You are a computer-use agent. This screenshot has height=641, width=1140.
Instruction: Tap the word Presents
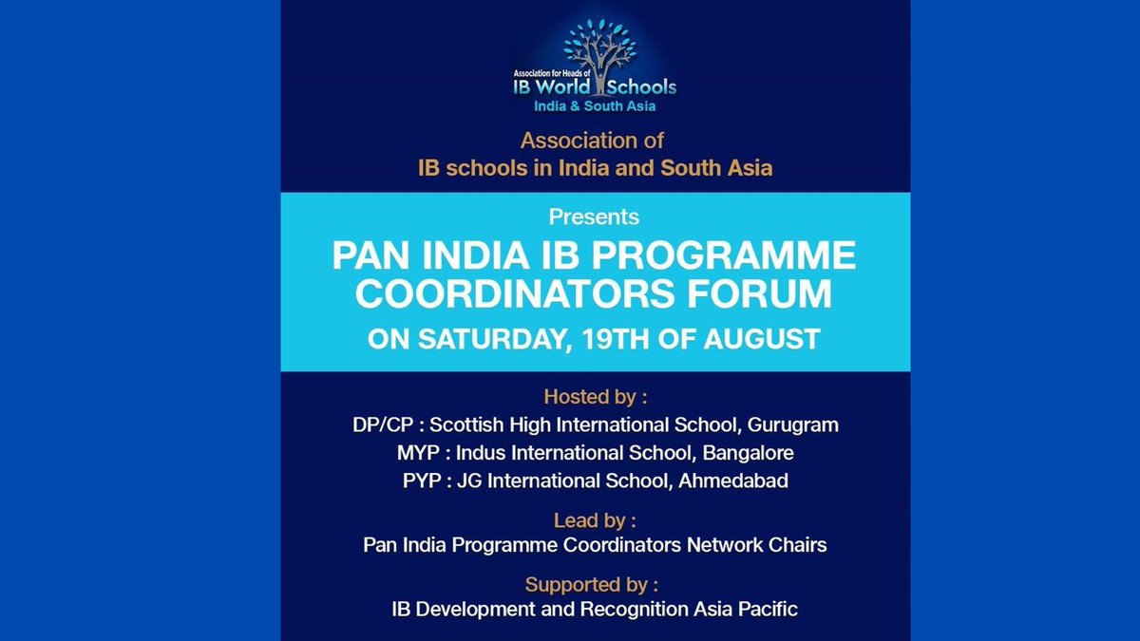pos(595,217)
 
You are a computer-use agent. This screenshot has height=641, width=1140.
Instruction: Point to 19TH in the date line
pos(603,339)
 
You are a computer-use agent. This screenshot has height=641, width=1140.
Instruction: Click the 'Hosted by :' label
pos(595,396)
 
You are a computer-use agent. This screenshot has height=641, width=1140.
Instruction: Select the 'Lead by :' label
pos(595,520)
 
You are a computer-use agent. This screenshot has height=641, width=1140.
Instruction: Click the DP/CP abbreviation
pos(383,424)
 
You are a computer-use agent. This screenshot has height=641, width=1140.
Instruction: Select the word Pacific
pos(769,609)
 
